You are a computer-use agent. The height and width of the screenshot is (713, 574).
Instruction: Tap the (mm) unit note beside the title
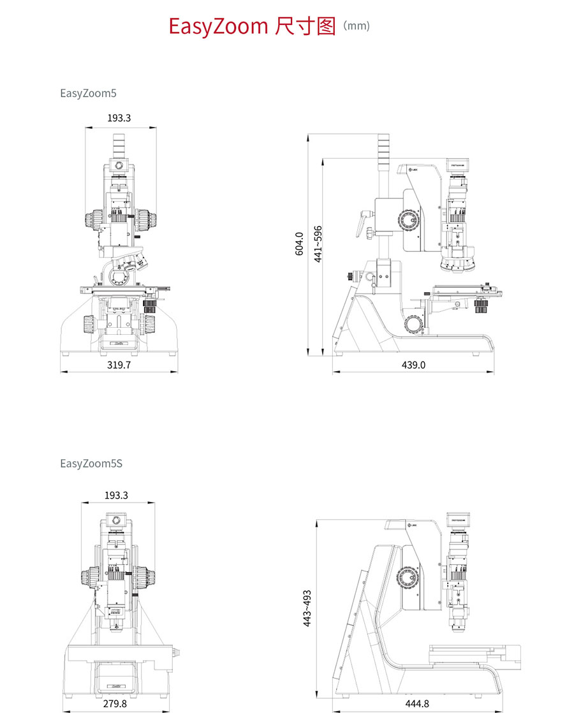[x=356, y=26]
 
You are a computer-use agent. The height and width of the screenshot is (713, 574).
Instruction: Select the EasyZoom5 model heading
[x=88, y=93]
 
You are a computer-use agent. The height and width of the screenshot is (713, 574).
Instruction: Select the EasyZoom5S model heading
[x=91, y=463]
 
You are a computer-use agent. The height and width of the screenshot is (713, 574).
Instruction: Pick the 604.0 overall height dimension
[x=299, y=244]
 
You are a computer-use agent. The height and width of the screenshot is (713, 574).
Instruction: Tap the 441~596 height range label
[x=318, y=244]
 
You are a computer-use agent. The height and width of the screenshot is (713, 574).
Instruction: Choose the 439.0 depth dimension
[x=413, y=365]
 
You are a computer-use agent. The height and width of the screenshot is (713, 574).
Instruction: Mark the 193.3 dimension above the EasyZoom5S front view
[x=116, y=495]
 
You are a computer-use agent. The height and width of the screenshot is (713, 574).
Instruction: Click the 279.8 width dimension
[x=115, y=704]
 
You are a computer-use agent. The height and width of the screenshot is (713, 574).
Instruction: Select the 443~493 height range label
[x=307, y=609]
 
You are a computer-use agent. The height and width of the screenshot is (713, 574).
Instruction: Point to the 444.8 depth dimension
[x=418, y=704]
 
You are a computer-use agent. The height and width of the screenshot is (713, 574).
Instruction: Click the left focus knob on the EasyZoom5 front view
[x=91, y=219]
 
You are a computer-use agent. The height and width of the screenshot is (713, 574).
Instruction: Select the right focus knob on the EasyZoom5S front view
[x=145, y=578]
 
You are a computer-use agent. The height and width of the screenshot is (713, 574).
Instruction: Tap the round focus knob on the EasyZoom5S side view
[x=406, y=578]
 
